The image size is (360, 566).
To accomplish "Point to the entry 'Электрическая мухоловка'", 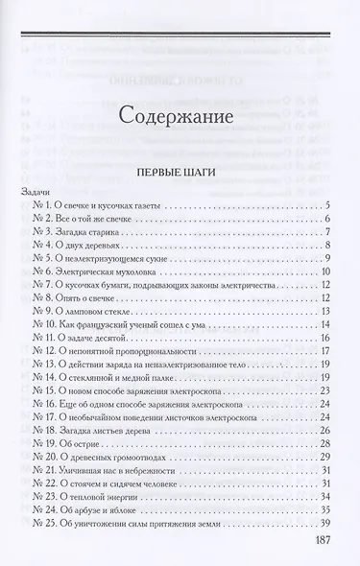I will point(113,298).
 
